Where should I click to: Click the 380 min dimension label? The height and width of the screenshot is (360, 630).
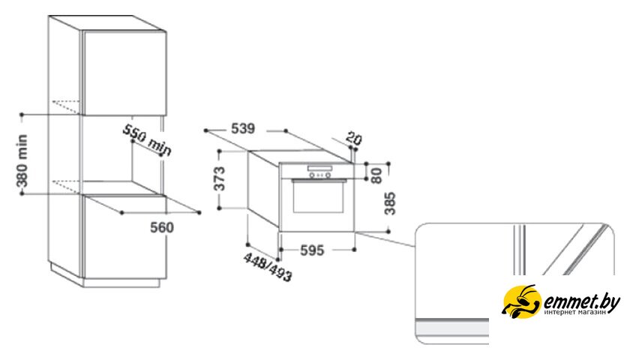tap(22, 161)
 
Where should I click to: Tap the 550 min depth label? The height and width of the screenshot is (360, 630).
tap(147, 139)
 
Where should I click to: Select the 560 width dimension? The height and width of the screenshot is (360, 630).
tap(162, 227)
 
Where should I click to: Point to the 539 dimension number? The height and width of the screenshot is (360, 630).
tap(243, 128)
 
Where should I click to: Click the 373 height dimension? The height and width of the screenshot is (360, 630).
tap(219, 178)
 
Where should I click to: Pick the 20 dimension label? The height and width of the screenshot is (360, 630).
tap(353, 139)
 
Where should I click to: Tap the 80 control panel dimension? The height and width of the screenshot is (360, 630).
tap(376, 175)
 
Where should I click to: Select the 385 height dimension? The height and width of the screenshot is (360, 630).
tap(390, 203)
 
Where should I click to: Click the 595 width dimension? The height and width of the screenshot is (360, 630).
tap(312, 250)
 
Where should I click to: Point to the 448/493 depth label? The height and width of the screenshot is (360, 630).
tap(268, 268)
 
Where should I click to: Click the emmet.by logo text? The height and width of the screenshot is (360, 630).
tap(581, 301)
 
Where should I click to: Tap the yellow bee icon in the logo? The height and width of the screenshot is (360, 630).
tap(521, 301)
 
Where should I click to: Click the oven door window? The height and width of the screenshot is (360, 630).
tap(319, 199)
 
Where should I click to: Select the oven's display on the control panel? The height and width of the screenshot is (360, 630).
tap(319, 168)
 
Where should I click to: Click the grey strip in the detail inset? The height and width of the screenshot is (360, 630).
tap(452, 327)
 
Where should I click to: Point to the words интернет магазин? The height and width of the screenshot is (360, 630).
tap(575, 312)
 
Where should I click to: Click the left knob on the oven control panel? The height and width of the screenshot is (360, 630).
tap(312, 175)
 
